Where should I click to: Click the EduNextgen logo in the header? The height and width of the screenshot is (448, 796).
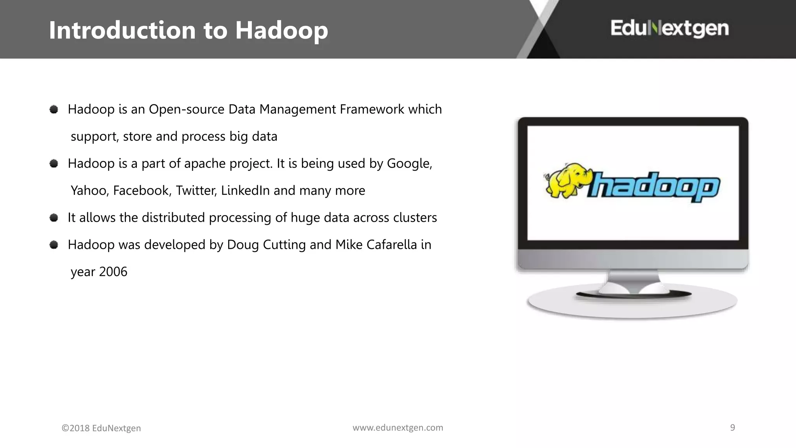point(669,28)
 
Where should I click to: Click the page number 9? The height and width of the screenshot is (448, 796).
point(732,427)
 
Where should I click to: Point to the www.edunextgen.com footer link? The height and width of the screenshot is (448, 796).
point(398,427)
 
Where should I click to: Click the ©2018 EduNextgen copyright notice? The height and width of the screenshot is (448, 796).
point(101,428)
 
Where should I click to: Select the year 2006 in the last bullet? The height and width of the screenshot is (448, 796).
point(113,271)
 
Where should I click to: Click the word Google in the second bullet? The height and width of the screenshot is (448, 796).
point(409,163)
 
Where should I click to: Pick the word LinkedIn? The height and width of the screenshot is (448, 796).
point(245,191)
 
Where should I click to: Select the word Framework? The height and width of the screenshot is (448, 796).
point(372,109)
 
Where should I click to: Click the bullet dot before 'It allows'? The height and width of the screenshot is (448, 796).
point(54,217)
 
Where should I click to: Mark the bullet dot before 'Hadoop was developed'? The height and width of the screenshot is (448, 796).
point(54,245)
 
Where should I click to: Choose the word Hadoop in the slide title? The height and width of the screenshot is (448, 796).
point(281,30)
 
